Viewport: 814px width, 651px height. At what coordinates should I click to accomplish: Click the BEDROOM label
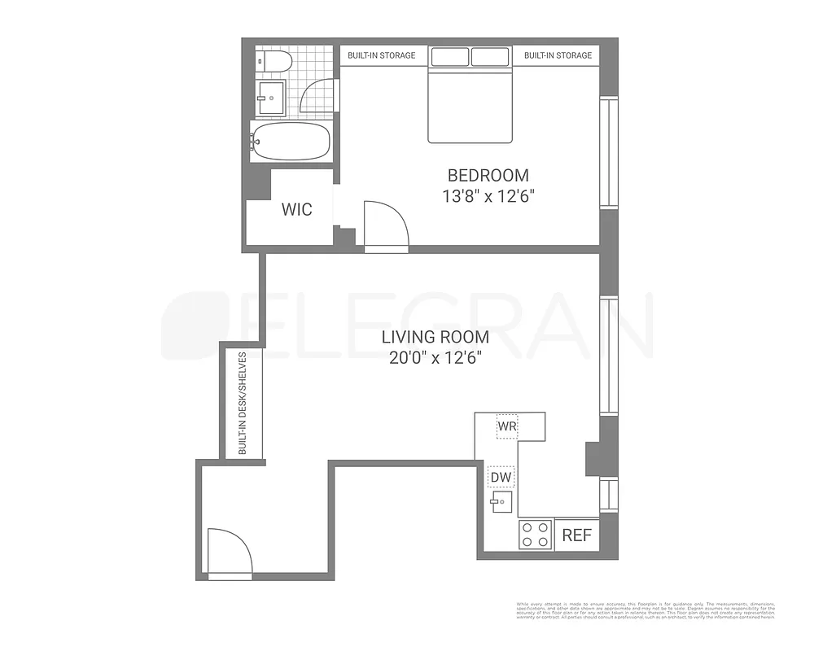pyautogui.click(x=488, y=175)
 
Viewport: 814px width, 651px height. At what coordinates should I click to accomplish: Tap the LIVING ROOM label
pyautogui.click(x=437, y=337)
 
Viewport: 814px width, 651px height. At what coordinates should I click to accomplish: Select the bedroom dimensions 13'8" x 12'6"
pyautogui.click(x=488, y=196)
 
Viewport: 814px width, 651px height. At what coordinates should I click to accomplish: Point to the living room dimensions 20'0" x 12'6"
pyautogui.click(x=437, y=358)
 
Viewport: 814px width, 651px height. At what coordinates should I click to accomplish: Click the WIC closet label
pyautogui.click(x=296, y=209)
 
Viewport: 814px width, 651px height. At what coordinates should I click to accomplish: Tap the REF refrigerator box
pyautogui.click(x=576, y=535)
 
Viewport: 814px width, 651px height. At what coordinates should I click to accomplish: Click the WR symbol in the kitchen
pyautogui.click(x=508, y=426)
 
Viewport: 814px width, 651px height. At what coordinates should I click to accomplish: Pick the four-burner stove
pyautogui.click(x=536, y=535)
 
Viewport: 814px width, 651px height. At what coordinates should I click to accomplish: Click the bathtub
pyautogui.click(x=291, y=142)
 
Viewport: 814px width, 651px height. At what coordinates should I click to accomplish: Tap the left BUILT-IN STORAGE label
pyautogui.click(x=381, y=55)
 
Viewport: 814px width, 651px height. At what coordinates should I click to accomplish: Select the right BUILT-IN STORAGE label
pyautogui.click(x=558, y=55)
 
